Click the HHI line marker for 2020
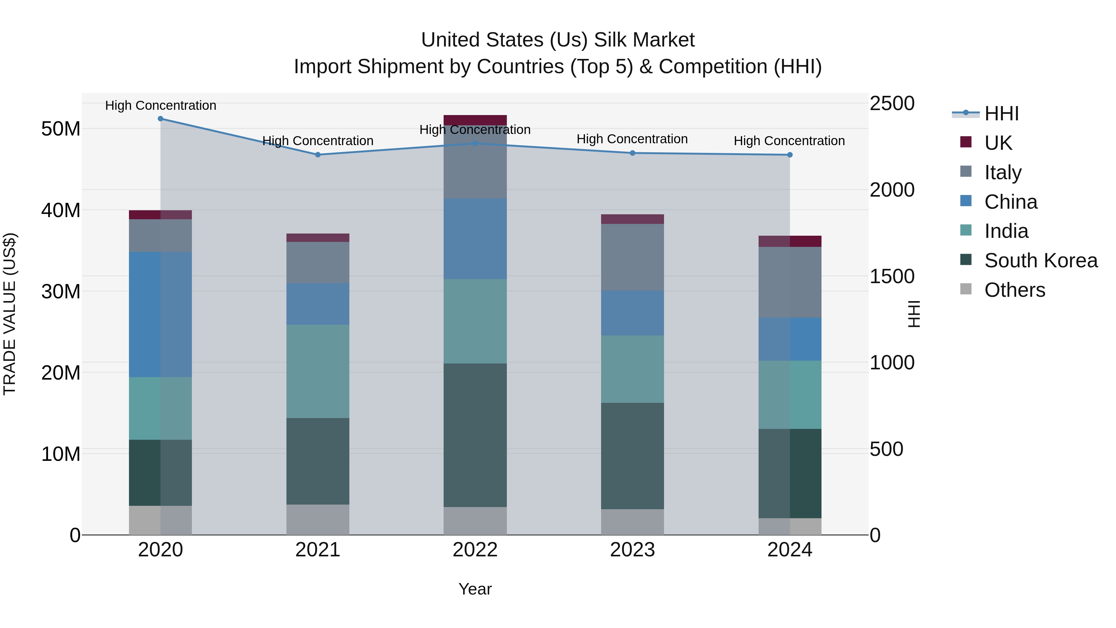coord(160,118)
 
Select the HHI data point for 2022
coord(475,144)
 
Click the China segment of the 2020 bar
coord(160,314)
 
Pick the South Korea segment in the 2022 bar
coord(475,435)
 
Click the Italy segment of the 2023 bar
coord(632,257)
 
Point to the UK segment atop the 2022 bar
coord(475,120)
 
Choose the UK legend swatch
coord(966,142)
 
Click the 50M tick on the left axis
coord(61,129)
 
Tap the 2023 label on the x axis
coord(632,550)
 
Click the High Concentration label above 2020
coord(160,105)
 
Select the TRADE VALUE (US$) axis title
coord(10,314)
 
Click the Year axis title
coord(475,589)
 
